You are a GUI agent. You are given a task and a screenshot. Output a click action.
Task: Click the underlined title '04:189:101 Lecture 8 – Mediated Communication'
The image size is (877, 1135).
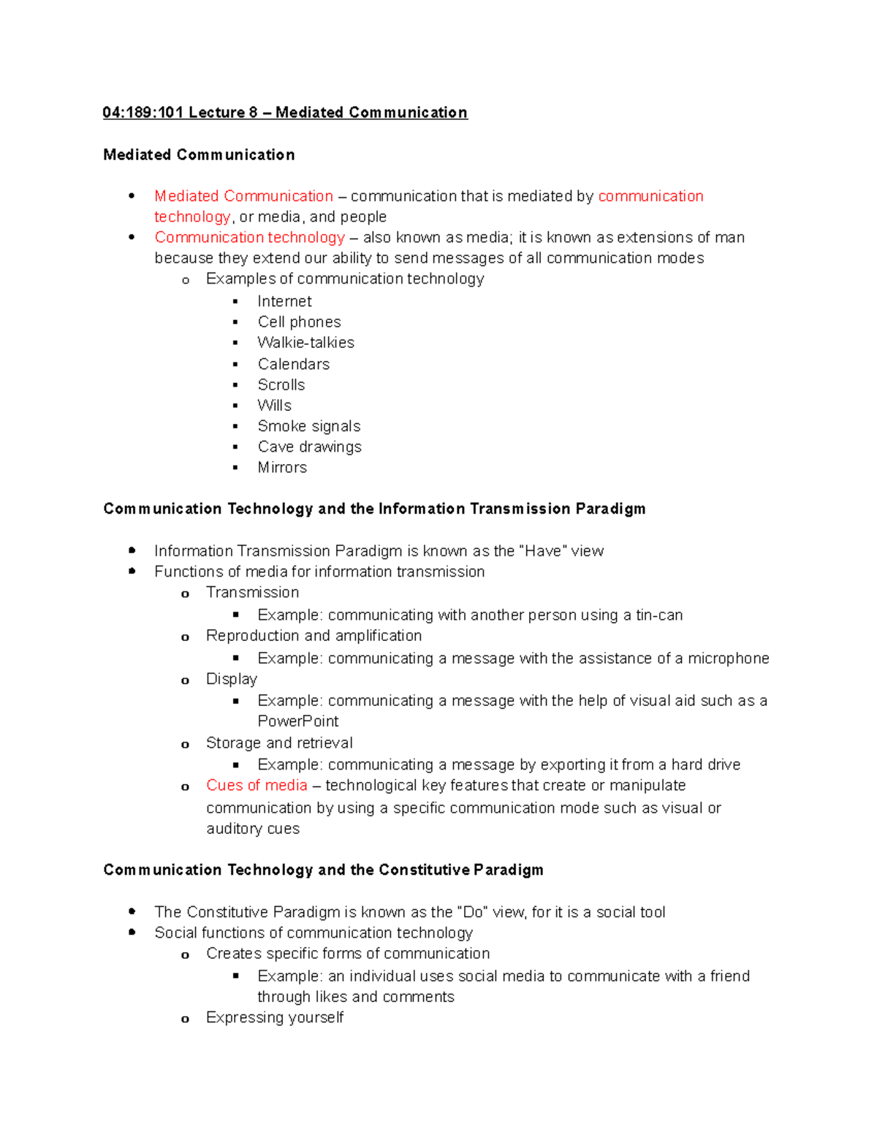pyautogui.click(x=285, y=113)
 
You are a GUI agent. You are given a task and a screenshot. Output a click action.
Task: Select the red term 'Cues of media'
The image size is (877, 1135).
pyautogui.click(x=257, y=786)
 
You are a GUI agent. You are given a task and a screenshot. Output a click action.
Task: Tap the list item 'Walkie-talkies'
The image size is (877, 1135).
pyautogui.click(x=305, y=343)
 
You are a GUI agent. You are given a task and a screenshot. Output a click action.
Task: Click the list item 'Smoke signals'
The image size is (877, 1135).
pyautogui.click(x=308, y=426)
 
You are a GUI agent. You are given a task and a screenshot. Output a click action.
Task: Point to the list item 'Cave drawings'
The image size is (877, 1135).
pyautogui.click(x=309, y=447)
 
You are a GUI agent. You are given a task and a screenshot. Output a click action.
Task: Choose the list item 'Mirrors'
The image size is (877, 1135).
pyautogui.click(x=282, y=468)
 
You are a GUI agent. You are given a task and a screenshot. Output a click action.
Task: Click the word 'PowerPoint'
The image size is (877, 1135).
pyautogui.click(x=298, y=721)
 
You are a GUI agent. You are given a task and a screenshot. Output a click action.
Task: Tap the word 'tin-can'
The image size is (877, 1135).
pyautogui.click(x=659, y=615)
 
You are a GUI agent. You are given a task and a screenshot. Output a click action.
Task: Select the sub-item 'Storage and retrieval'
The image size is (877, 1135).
pyautogui.click(x=279, y=743)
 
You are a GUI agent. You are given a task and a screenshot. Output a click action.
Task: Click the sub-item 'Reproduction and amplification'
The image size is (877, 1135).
pyautogui.click(x=314, y=636)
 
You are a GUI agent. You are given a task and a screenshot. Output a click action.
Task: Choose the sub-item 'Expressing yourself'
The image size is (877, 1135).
pyautogui.click(x=275, y=1017)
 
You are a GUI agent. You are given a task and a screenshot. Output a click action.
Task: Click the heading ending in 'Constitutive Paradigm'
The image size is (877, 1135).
pyautogui.click(x=323, y=870)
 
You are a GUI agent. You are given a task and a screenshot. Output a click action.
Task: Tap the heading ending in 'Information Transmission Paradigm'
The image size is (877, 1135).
pyautogui.click(x=374, y=509)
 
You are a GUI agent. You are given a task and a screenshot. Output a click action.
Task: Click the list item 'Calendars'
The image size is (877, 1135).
pyautogui.click(x=293, y=364)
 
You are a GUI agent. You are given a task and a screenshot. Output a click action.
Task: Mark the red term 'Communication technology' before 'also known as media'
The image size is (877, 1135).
pyautogui.click(x=249, y=238)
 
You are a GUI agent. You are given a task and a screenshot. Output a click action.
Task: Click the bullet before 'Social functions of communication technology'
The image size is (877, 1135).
pyautogui.click(x=132, y=933)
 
